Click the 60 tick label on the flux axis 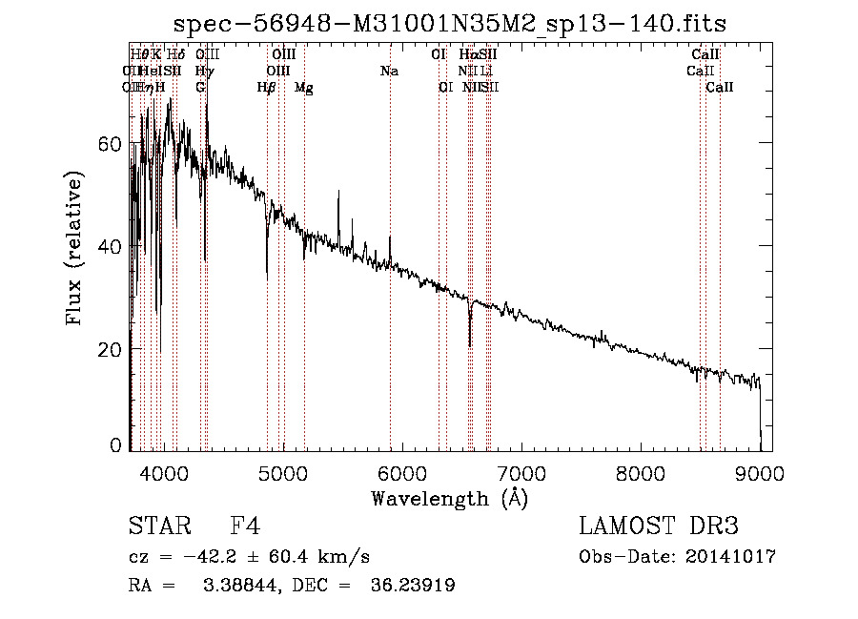pos(112,143)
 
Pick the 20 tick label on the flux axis pos(112,349)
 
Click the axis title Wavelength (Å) pos(449,497)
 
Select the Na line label pos(389,71)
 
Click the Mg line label pos(304,88)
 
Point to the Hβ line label pos(267,88)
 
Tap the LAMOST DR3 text pos(659,526)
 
